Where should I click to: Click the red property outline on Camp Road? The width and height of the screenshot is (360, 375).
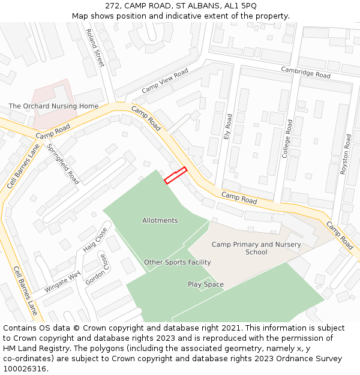click(175, 175)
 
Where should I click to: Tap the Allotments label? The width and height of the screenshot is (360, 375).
click(160, 220)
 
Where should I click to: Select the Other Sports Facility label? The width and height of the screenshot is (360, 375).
click(177, 262)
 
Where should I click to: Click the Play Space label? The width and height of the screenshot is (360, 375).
click(205, 284)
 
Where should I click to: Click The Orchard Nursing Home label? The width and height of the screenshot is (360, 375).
click(53, 106)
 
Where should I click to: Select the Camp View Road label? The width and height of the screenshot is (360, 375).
click(165, 80)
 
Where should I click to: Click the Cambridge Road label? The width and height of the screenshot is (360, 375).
click(306, 73)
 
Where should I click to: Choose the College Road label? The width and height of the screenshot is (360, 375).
click(287, 139)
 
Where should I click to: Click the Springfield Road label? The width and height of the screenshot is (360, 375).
click(63, 164)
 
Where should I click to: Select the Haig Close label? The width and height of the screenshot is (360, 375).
click(95, 239)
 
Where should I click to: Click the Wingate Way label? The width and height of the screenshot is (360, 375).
click(62, 282)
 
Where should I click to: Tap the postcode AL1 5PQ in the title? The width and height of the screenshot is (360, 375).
click(240, 5)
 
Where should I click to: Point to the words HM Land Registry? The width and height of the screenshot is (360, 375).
click(30, 349)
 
